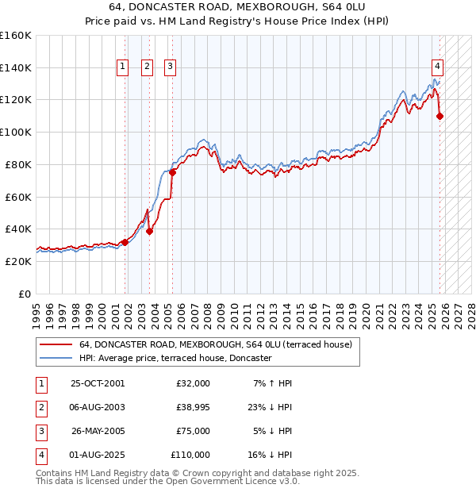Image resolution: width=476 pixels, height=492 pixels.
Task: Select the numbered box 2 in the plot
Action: [148, 67]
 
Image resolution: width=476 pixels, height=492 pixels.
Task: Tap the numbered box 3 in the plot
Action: [171, 67]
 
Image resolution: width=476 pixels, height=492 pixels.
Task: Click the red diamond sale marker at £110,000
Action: [440, 116]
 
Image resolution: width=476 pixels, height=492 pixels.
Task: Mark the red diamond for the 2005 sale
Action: [172, 172]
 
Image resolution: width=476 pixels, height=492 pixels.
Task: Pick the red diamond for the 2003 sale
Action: [149, 231]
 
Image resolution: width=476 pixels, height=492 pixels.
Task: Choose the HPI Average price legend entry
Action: [175, 359]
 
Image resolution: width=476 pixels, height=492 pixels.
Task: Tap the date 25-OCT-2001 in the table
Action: [98, 383]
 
